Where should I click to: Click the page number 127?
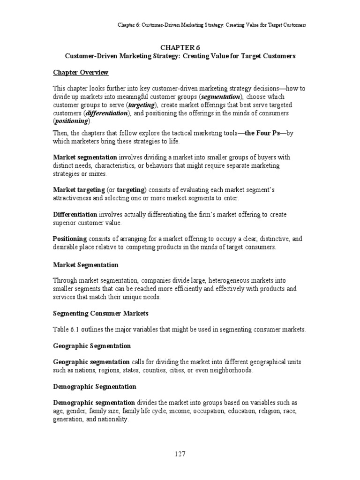point(180,454)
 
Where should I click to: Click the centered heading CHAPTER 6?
point(180,47)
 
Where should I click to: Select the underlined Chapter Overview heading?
point(80,72)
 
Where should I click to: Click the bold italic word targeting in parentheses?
point(141,105)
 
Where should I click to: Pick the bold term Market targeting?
point(79,189)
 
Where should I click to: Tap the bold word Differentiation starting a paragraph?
point(75,214)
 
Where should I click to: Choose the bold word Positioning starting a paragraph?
point(70,239)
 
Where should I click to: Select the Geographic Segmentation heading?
point(92,345)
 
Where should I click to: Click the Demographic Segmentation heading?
point(94,387)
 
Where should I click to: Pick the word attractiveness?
point(76,198)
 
